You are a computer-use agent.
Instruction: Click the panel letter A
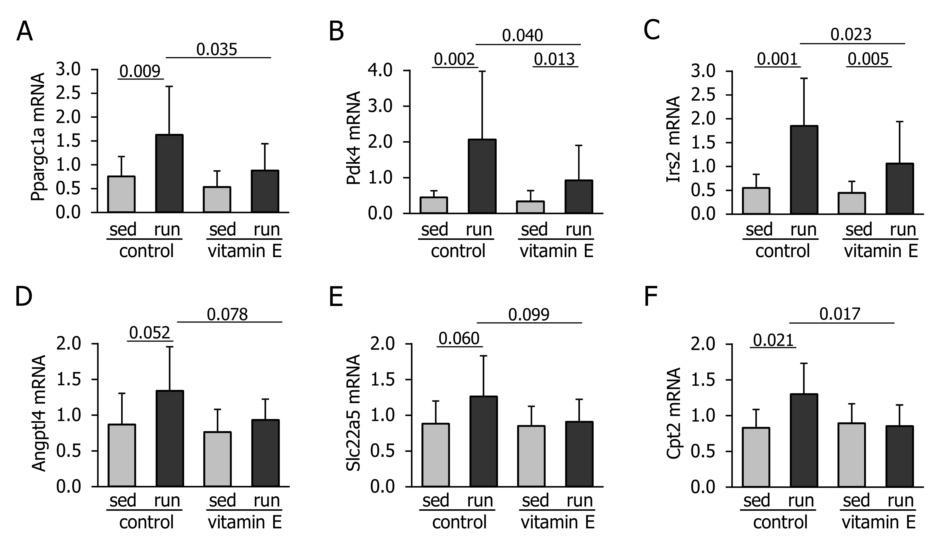tap(24, 32)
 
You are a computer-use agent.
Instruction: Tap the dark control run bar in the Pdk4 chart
tap(482, 176)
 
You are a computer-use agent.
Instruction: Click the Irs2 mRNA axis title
tap(673, 139)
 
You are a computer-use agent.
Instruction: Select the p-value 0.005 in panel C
tap(868, 59)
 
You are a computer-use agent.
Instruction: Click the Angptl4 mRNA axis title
tap(39, 413)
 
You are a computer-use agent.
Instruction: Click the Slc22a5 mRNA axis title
tap(353, 413)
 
